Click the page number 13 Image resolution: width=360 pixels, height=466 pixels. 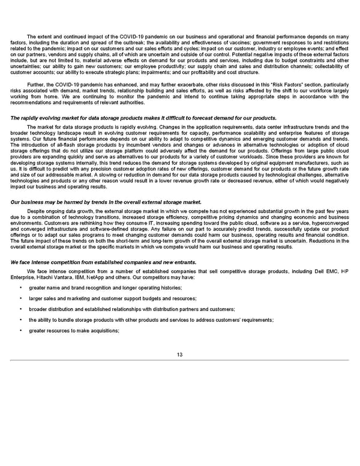pos(180,354)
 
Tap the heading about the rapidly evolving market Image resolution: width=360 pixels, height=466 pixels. pos(143,118)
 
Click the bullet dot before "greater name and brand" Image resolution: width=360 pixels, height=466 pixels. pos(21,288)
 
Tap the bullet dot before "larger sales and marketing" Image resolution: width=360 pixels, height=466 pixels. pos(21,299)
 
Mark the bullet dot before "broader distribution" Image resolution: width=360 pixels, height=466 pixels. pos(21,309)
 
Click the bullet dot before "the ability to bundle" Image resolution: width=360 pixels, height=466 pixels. pos(21,320)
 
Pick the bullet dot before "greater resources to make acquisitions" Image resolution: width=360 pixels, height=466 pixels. pos(21,331)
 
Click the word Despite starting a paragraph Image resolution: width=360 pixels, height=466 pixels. pos(38,211)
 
